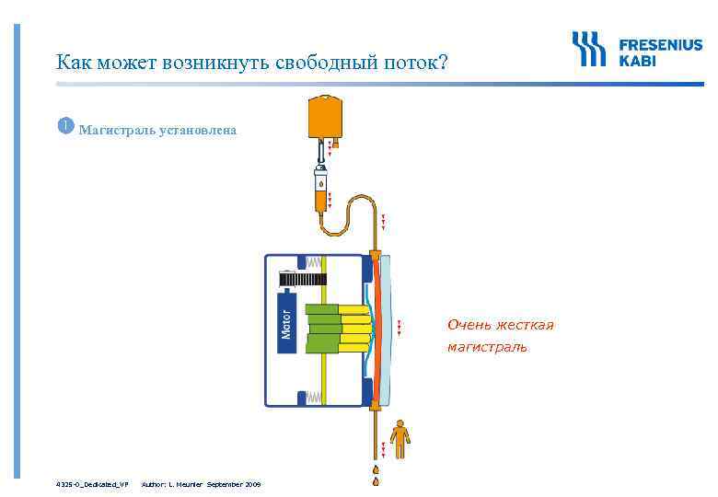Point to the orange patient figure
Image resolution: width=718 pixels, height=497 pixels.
point(399,439)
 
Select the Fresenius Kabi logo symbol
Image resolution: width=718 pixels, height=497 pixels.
point(589,49)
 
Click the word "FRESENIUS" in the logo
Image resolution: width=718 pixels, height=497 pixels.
point(660,43)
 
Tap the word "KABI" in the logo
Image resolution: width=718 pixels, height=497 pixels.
point(638,60)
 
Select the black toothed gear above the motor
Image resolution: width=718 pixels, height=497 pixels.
point(302,278)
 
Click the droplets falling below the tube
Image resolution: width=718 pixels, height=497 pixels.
point(376,475)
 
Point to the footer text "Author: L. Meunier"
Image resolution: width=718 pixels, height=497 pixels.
point(172,483)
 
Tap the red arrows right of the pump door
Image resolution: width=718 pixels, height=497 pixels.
point(399,327)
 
